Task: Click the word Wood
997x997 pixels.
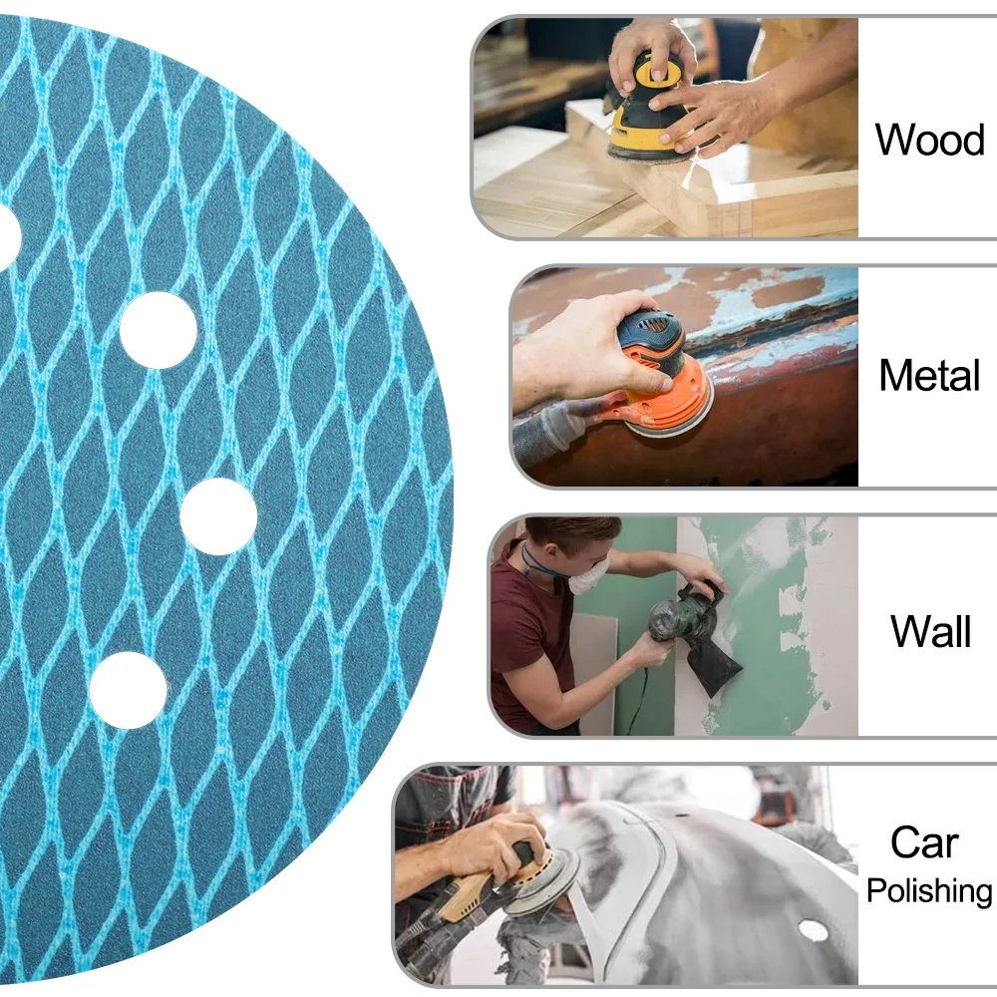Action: [929, 140]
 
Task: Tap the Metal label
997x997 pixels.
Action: [929, 375]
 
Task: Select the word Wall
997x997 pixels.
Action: [930, 631]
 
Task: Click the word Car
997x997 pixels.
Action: [924, 842]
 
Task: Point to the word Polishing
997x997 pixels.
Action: [929, 890]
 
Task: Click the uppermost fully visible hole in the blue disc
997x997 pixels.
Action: [159, 330]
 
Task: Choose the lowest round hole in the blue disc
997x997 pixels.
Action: [128, 691]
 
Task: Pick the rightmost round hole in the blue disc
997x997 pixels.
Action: [218, 516]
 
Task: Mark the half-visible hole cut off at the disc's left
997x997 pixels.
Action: [9, 236]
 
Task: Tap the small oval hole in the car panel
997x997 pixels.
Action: [814, 931]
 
